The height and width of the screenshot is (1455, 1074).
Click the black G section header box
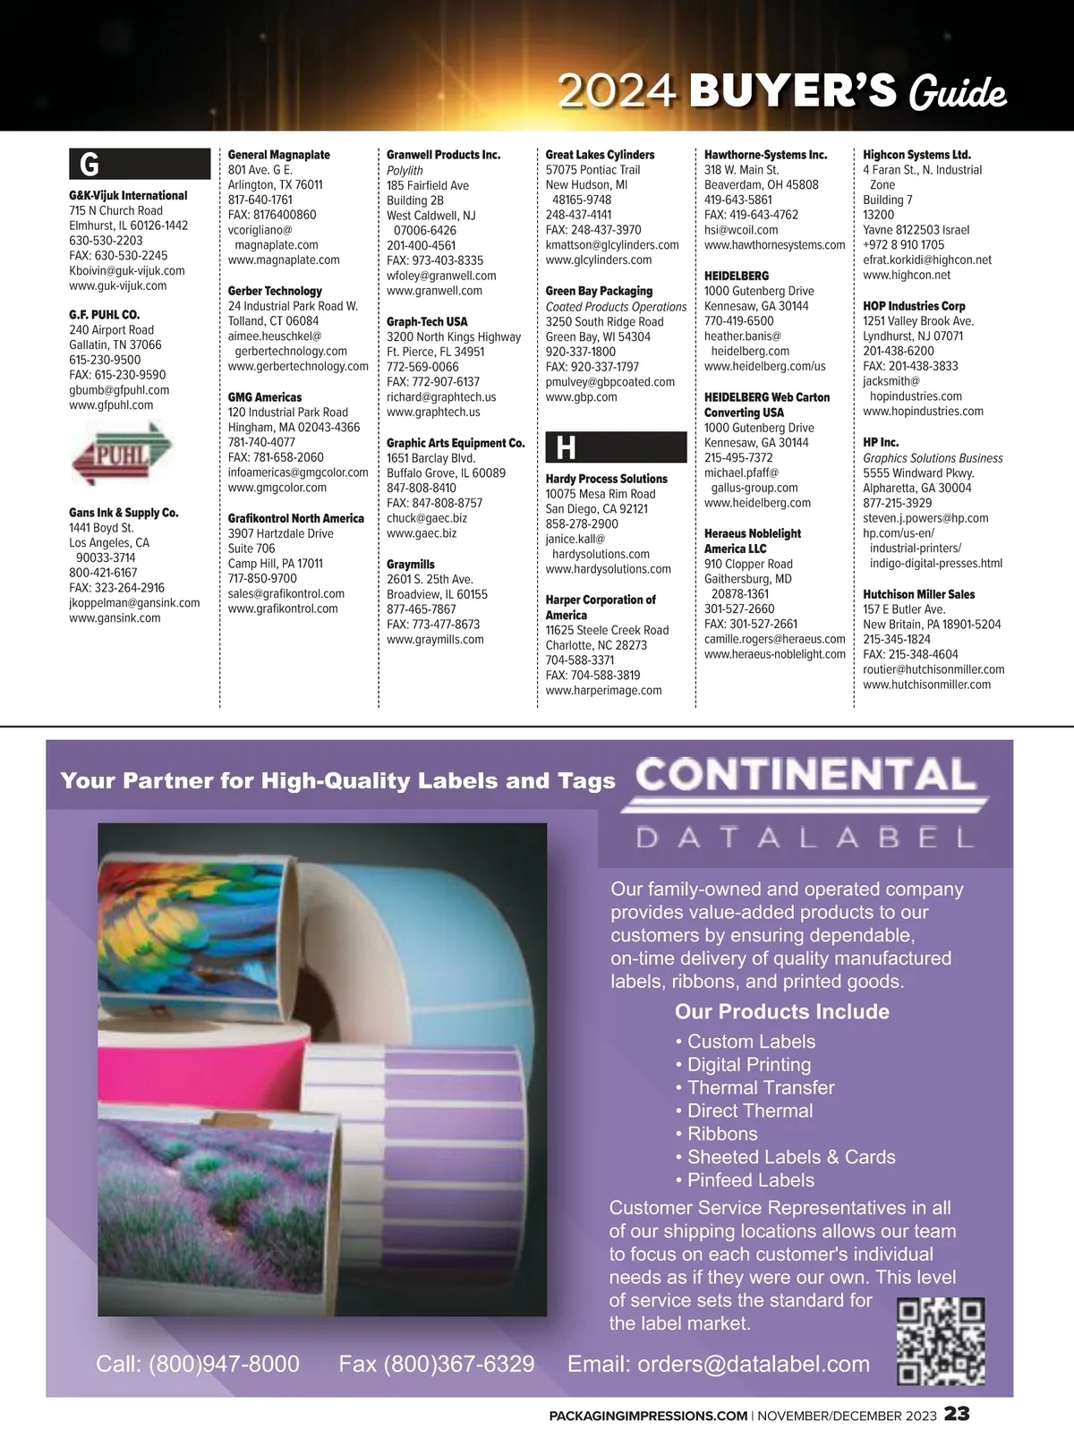tap(140, 165)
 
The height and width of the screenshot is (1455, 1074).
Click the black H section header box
tap(616, 447)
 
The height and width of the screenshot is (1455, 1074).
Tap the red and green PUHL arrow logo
tap(122, 454)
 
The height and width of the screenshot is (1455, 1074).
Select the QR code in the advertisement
tap(941, 1340)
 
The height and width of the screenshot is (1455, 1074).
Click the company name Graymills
tap(411, 565)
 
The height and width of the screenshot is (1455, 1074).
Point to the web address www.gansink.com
tap(115, 618)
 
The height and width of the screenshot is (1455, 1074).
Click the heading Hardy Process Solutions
tap(607, 479)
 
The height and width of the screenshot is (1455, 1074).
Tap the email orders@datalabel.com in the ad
tap(718, 1364)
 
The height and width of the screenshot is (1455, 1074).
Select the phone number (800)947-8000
tap(198, 1364)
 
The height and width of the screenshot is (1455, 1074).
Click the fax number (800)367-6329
tap(436, 1364)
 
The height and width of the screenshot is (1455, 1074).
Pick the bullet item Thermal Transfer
tap(761, 1087)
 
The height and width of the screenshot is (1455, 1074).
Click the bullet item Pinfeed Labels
tap(750, 1179)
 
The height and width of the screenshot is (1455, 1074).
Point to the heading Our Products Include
tap(781, 1011)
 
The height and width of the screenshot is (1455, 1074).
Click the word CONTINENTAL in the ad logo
tap(805, 775)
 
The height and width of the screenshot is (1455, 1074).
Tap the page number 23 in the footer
tap(957, 1415)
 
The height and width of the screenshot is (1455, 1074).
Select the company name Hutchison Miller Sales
tap(919, 594)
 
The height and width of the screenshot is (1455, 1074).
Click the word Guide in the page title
tap(958, 93)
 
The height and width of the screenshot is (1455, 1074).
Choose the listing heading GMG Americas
tap(265, 397)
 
